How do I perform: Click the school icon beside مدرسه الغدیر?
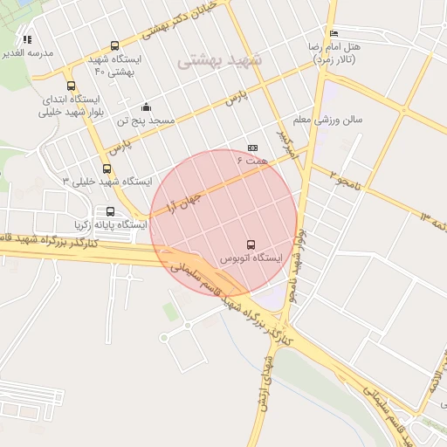[x=27, y=39]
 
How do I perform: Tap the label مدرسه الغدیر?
[x=28, y=53]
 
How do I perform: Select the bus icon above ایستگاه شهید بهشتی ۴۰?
[x=114, y=46]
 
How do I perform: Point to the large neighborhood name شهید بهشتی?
[x=219, y=61]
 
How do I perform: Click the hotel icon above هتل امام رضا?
[x=333, y=33]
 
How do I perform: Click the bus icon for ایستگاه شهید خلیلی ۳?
[x=107, y=168]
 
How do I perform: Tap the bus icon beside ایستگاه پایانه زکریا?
[x=110, y=211]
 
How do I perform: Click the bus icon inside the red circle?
[x=251, y=244]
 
